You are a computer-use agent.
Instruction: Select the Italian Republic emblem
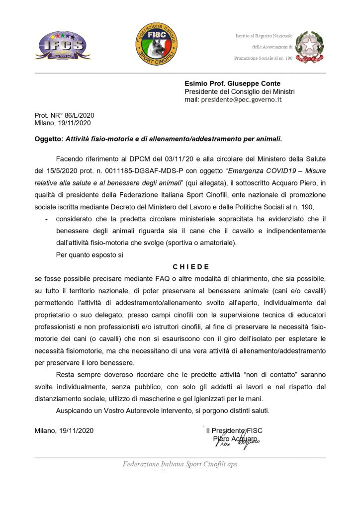pos(310,47)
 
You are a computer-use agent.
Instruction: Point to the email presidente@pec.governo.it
pos(241,99)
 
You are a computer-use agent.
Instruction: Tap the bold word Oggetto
pos(49,139)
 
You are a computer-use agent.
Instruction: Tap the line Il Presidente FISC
pos(234,430)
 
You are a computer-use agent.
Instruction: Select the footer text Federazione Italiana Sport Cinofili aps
pos(180,464)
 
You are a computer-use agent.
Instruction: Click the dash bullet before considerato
pos(46,219)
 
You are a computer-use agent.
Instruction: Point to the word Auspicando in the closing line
pos(75,411)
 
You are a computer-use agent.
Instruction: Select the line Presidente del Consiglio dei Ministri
pos(240,91)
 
